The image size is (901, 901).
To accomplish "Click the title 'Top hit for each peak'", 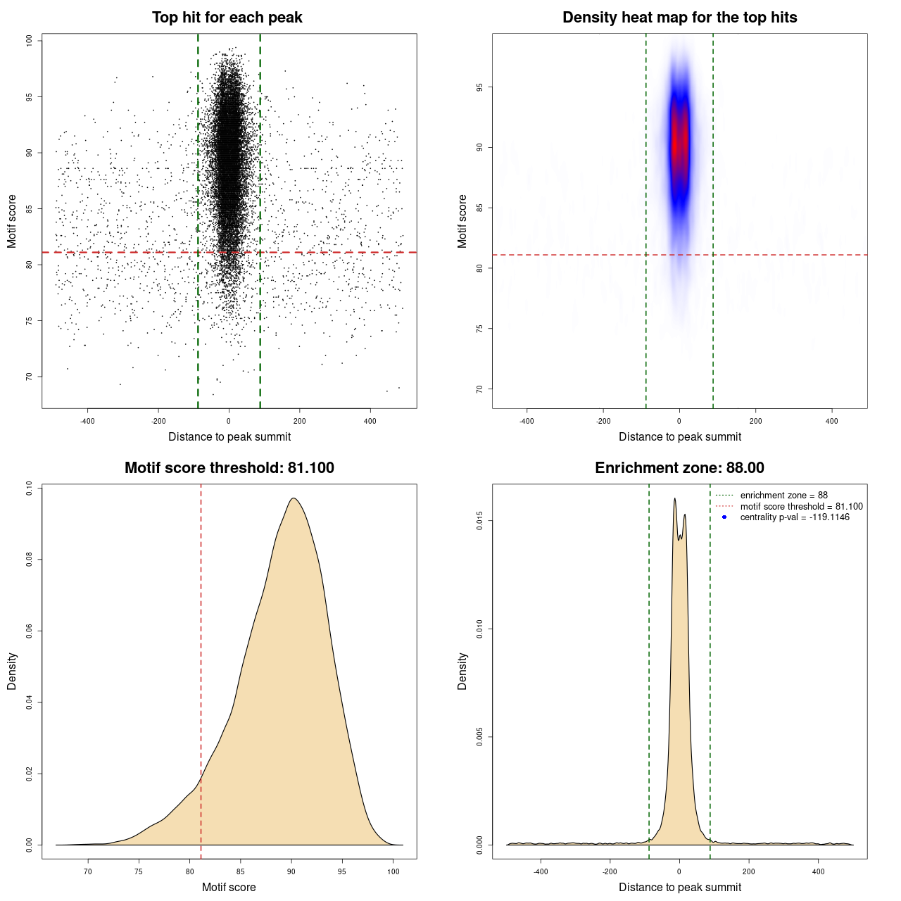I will pos(227,18).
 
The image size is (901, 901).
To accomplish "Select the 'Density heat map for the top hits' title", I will pos(679,18).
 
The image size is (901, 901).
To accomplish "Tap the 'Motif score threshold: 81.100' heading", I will pos(229,468).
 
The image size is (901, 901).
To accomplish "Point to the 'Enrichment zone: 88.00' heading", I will pos(679,468).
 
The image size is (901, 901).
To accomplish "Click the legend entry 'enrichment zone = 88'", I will pos(783,496).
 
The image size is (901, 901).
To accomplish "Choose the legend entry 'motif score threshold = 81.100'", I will pos(801,506).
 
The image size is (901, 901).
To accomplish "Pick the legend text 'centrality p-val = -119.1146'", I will pos(795,517).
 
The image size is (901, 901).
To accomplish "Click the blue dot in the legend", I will pos(724,517).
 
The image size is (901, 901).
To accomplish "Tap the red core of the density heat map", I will pos(677,144).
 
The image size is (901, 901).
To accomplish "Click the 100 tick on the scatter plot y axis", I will pos(29,41).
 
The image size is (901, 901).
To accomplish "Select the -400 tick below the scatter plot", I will pos(87,421).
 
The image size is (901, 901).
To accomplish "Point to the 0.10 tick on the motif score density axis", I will pos(29,488).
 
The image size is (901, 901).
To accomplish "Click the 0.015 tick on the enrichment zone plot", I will pos(479,521).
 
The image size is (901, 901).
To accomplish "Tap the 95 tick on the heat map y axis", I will pos(479,87).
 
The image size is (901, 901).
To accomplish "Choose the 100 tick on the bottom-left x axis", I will pos(393,871).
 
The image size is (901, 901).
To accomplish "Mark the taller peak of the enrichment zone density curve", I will pos(674,498).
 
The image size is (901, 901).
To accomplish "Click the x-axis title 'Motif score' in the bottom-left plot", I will pos(229,887).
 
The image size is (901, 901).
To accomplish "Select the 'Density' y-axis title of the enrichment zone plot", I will pos(462,671).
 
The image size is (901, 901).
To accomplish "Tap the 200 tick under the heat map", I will pos(755,421).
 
